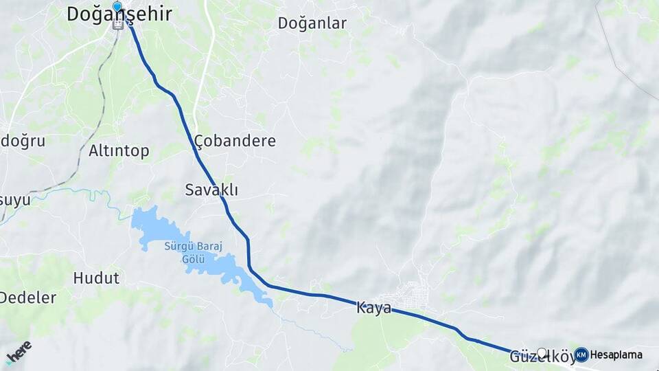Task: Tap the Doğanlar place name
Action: click(x=312, y=23)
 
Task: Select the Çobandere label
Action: click(x=235, y=141)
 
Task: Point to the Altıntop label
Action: click(x=119, y=151)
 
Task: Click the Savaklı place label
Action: click(x=207, y=190)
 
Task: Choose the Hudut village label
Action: click(x=96, y=278)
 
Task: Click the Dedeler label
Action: click(x=27, y=297)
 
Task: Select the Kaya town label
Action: click(x=373, y=308)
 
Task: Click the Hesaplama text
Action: click(x=616, y=355)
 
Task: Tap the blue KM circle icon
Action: click(x=581, y=355)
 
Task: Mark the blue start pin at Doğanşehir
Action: click(x=117, y=8)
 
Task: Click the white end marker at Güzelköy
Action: click(x=542, y=353)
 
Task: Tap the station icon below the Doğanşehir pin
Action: click(x=118, y=24)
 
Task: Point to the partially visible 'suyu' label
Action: click(x=15, y=201)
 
